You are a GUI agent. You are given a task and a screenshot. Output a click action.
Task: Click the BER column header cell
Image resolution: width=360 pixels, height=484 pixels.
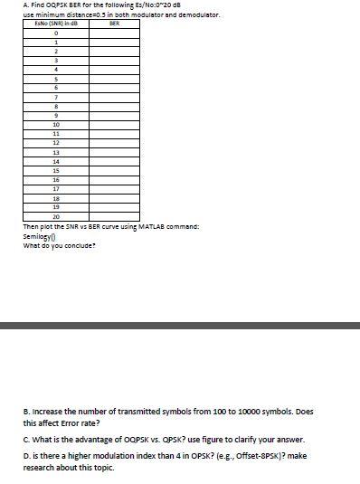coord(113,24)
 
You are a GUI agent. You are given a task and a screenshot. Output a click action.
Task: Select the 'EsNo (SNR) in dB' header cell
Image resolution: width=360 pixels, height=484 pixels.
coord(56,24)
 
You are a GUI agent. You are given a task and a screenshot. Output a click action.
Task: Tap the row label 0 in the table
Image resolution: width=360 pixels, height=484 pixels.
coord(56,33)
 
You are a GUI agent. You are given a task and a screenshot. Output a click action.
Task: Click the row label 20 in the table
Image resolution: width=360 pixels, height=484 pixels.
coord(56,217)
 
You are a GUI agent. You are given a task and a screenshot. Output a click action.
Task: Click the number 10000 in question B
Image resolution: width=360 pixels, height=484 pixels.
coord(230,410)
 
